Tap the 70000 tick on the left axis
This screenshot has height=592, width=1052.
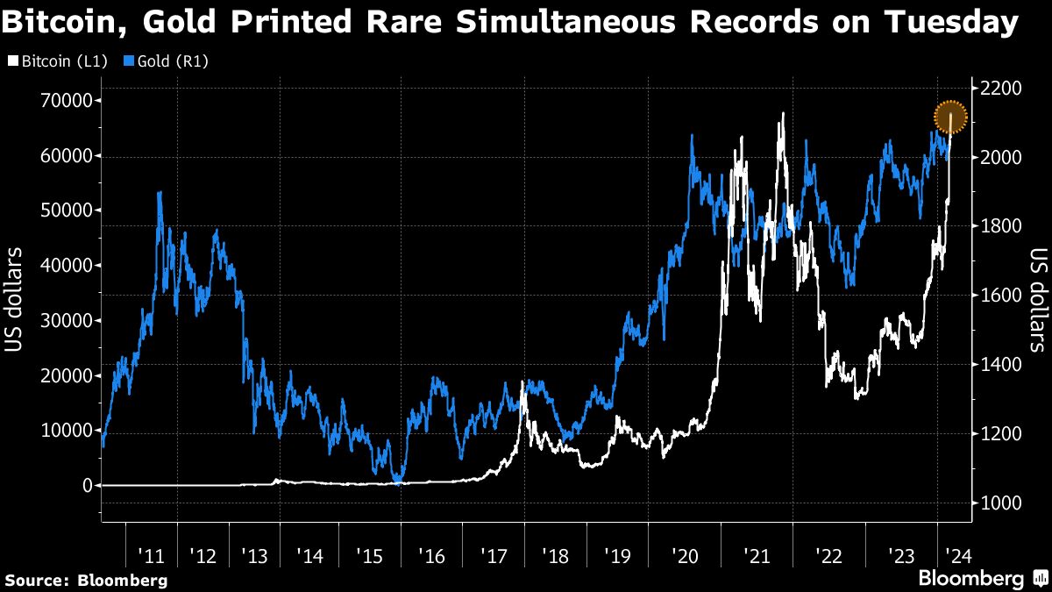pyautogui.click(x=66, y=101)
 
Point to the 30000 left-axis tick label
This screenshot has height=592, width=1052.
pyautogui.click(x=66, y=320)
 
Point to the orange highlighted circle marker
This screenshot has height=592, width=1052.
pyautogui.click(x=950, y=117)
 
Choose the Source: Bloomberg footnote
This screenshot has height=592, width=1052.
pyautogui.click(x=86, y=580)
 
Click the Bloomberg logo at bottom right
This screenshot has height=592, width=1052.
pyautogui.click(x=983, y=578)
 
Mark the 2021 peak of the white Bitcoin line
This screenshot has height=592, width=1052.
pyautogui.click(x=781, y=113)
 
